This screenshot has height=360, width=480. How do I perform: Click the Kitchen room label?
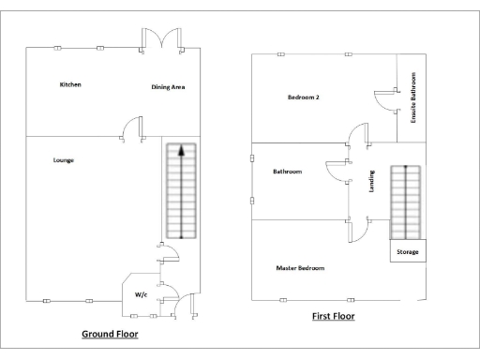(x=70, y=84)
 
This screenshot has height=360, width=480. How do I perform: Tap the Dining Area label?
(x=168, y=87)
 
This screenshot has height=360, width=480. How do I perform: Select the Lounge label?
(x=64, y=160)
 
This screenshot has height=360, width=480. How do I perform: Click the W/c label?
(x=141, y=293)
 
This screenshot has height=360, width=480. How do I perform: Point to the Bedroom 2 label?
(x=305, y=97)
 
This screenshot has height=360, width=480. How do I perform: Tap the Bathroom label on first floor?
(x=287, y=172)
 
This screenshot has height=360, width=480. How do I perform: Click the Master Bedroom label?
(x=300, y=268)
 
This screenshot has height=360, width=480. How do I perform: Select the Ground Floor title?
(x=110, y=334)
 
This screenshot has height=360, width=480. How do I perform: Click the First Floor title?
(x=333, y=317)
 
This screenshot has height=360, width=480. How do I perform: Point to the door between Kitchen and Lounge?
(x=132, y=128)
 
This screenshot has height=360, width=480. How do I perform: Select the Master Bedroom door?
(x=356, y=230)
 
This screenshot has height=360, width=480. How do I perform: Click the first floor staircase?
(x=405, y=202)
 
